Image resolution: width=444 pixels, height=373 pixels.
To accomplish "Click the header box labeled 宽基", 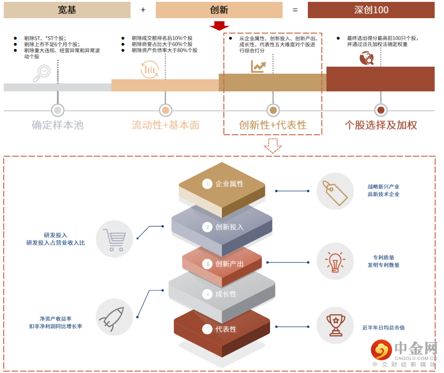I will (67, 10).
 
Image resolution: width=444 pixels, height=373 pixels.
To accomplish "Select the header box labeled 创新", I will (219, 10).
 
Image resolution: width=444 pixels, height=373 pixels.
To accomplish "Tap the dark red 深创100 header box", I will (371, 10).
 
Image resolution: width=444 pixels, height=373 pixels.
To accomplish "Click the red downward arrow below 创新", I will (219, 26).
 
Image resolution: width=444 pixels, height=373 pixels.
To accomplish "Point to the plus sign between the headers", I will (143, 10).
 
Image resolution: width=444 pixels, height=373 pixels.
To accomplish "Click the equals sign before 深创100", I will (295, 10).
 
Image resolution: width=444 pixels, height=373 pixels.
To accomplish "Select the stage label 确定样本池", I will (57, 125).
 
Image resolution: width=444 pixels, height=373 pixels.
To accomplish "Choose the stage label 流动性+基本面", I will (166, 125).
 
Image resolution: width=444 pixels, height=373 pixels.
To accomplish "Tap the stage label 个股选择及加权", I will (381, 125).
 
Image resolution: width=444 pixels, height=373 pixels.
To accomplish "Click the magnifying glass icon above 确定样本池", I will (42, 73).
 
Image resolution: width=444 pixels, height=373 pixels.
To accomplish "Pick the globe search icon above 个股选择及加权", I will (367, 58).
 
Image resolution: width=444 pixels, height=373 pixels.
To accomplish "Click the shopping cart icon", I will (114, 239).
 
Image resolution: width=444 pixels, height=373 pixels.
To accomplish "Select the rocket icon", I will (114, 317).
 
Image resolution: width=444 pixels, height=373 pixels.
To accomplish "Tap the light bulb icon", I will (335, 262).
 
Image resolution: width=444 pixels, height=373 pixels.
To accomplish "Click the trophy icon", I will (335, 325).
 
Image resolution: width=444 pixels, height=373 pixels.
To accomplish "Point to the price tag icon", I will (335, 191).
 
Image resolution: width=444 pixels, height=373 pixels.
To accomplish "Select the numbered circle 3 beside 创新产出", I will (207, 264).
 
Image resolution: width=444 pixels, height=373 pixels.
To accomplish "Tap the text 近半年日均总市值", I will (383, 328).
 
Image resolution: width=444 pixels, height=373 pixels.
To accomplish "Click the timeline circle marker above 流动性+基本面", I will (166, 111).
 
